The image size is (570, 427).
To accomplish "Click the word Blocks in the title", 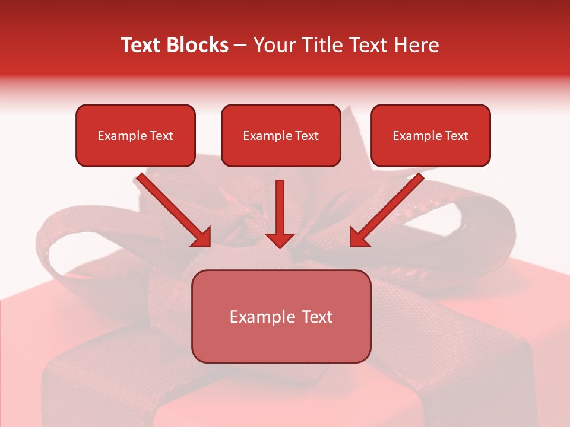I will (x=197, y=45).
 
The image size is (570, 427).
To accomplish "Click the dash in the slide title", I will (x=240, y=46).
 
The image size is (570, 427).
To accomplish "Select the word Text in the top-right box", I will (x=456, y=136).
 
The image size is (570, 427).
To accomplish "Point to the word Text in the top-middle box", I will (x=306, y=136).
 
